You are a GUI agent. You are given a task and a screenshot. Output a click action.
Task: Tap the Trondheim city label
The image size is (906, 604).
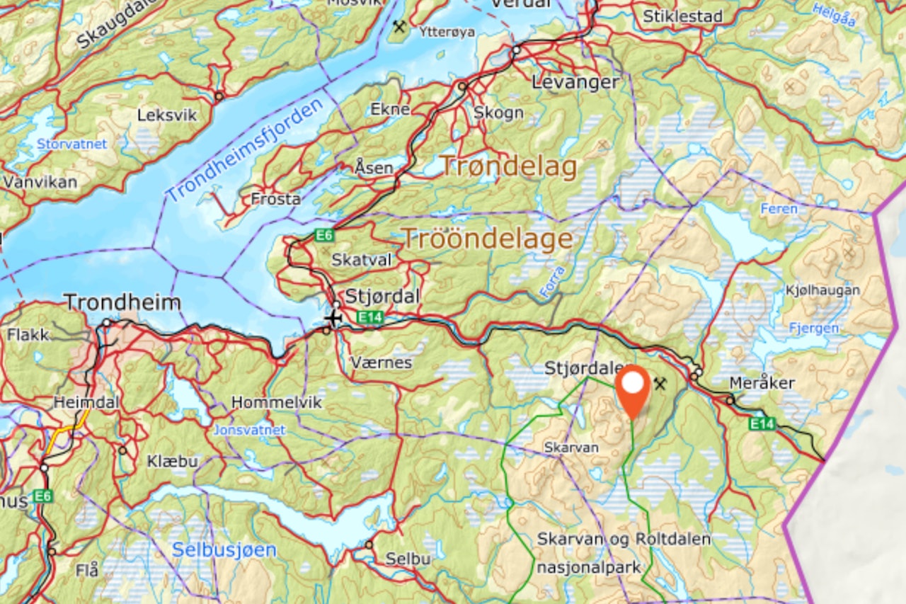122,303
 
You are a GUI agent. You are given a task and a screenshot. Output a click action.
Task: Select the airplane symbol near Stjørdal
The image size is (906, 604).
333,318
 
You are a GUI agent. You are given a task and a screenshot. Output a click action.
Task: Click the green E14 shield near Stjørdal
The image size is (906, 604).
369,318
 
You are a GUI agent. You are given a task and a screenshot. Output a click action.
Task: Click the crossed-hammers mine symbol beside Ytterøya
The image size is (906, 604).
400,27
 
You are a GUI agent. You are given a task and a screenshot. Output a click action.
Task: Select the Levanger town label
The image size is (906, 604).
575,82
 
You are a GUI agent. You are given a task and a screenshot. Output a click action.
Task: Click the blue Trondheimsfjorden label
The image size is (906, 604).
244,148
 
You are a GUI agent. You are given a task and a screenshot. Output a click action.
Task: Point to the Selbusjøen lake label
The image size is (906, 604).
224,549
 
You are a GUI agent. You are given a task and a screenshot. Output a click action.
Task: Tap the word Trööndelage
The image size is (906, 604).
487,239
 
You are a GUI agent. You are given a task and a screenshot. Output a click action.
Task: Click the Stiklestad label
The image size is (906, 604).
683,16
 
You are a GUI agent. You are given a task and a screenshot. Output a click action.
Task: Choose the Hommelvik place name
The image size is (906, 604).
277,403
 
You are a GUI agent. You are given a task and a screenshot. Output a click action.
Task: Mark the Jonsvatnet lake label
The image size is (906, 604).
250,430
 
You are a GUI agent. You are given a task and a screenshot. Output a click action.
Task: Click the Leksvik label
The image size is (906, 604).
167,115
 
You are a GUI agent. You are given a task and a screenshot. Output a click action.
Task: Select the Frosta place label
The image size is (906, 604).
275,199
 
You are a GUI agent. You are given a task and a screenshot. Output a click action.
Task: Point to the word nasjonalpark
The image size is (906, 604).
589,567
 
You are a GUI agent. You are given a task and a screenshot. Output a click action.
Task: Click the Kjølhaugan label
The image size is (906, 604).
822,290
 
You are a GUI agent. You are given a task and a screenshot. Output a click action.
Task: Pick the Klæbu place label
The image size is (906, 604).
173,461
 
